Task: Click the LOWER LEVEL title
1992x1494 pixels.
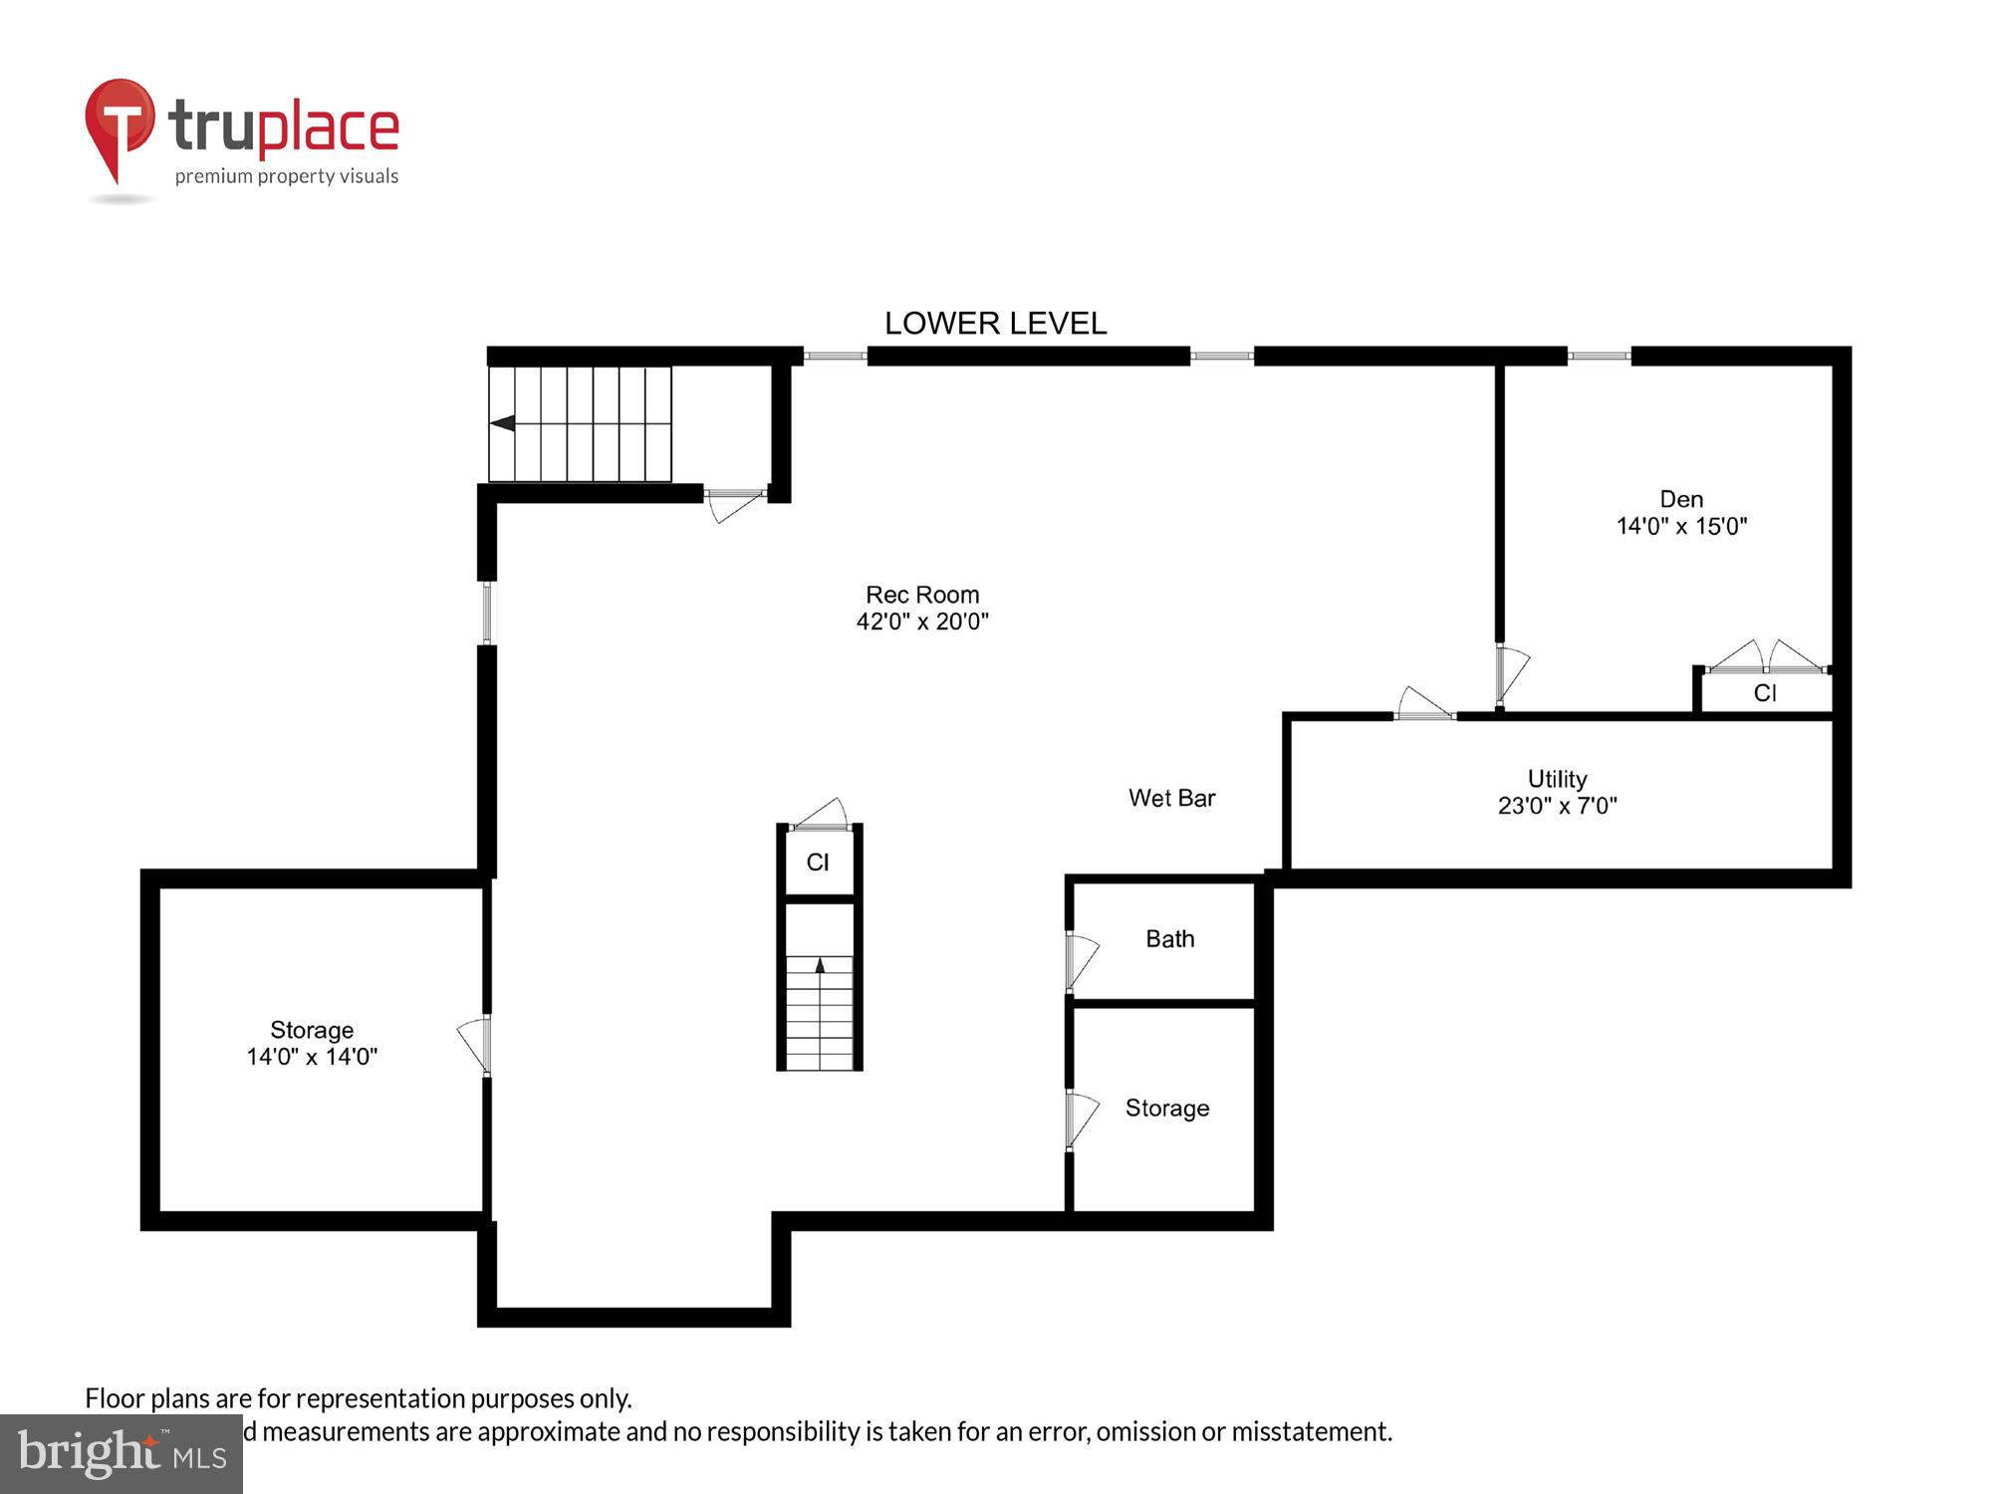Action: pos(995,324)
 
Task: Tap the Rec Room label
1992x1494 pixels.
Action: pos(922,595)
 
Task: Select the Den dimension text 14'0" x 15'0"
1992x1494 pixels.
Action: pos(1681,526)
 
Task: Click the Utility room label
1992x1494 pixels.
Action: pos(1557,779)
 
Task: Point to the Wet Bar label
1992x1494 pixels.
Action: pos(1171,798)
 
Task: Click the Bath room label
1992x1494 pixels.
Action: pos(1169,939)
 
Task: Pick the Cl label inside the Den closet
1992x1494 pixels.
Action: pos(1765,693)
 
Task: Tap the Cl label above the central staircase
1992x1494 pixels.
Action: pos(818,863)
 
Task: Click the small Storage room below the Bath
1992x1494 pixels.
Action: pos(1166,1109)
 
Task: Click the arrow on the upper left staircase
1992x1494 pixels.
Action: pos(503,423)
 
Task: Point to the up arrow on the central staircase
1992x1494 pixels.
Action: pos(820,964)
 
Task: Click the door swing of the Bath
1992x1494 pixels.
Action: pos(1083,960)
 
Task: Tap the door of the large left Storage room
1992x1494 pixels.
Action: pos(473,1044)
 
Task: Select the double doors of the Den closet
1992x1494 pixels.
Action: pos(1766,657)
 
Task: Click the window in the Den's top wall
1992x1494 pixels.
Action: pos(1599,356)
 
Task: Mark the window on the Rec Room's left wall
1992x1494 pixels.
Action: pos(487,613)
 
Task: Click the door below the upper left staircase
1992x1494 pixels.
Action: pos(735,503)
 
